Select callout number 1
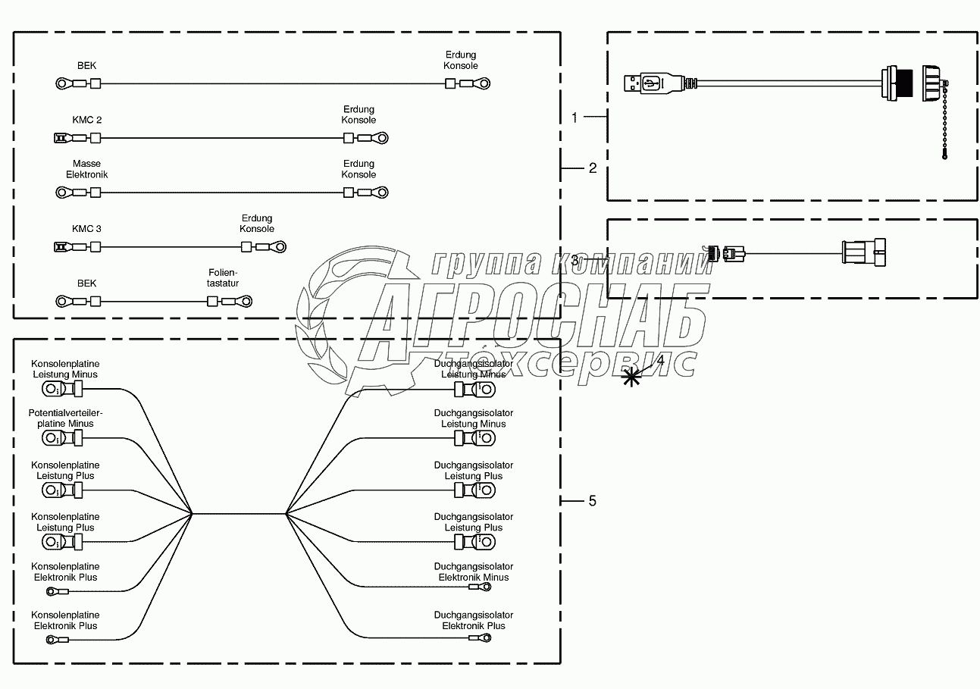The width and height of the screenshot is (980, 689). click(575, 117)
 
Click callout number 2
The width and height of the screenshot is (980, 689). click(593, 168)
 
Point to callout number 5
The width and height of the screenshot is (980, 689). click(593, 501)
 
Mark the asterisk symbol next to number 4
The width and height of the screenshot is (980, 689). click(631, 375)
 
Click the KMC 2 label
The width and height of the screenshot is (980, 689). click(86, 120)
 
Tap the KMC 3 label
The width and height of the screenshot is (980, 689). click(86, 229)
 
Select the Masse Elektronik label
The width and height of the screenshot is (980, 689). click(86, 169)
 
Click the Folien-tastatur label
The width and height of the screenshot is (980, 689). click(223, 277)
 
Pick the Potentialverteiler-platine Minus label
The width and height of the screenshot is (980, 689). click(65, 418)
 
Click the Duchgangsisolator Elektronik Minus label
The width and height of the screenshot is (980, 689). click(474, 572)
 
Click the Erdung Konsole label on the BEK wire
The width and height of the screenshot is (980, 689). click(461, 61)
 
